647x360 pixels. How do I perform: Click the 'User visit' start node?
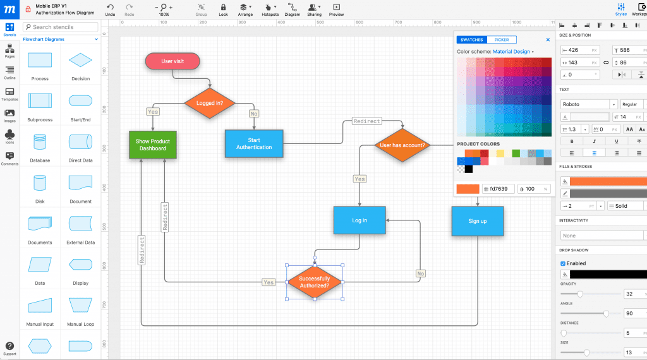click(172, 61)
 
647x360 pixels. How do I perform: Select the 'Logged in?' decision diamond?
click(210, 103)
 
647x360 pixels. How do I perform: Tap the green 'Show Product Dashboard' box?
click(153, 145)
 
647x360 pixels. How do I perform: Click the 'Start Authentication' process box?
click(254, 144)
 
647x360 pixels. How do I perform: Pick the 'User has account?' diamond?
click(402, 145)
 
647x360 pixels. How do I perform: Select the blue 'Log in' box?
click(360, 220)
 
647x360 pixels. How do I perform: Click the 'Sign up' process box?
click(478, 221)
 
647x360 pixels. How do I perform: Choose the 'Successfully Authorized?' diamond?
click(314, 282)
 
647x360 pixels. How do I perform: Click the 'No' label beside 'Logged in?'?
click(254, 114)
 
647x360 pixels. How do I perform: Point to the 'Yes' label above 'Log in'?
click(360, 179)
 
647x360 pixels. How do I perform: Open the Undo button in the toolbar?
click(111, 9)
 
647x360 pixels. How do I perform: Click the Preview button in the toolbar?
click(337, 9)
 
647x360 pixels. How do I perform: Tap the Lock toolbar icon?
click(223, 9)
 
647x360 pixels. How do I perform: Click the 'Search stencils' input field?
click(61, 27)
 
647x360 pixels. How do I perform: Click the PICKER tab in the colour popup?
click(501, 40)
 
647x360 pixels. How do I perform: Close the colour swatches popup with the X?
click(548, 40)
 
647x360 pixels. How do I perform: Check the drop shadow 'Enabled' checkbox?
click(563, 263)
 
